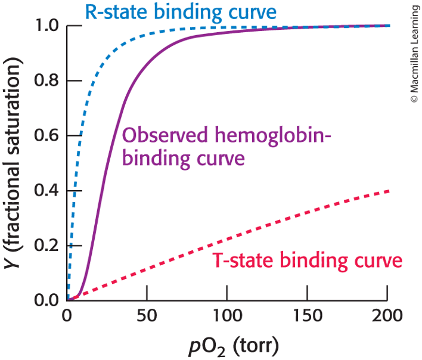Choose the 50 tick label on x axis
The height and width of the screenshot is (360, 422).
click(147, 315)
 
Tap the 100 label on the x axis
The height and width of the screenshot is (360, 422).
click(227, 315)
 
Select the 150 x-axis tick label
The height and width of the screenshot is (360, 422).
click(307, 315)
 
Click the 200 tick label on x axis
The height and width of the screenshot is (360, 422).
click(387, 315)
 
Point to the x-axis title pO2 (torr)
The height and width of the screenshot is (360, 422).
click(227, 345)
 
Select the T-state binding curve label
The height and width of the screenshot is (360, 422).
click(307, 260)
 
